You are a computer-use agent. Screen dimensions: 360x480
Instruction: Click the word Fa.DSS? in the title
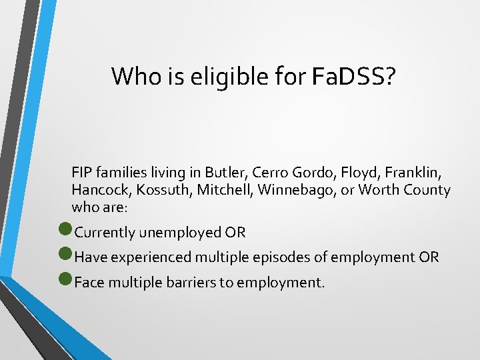(353, 77)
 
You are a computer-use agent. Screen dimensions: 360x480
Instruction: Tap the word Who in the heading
(136, 77)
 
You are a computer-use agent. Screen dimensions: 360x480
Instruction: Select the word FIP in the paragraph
(81, 173)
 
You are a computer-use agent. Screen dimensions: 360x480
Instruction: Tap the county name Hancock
(99, 190)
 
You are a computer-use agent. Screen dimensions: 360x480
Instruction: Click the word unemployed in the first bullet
(179, 233)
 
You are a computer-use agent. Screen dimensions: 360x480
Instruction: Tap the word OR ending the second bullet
(429, 257)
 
